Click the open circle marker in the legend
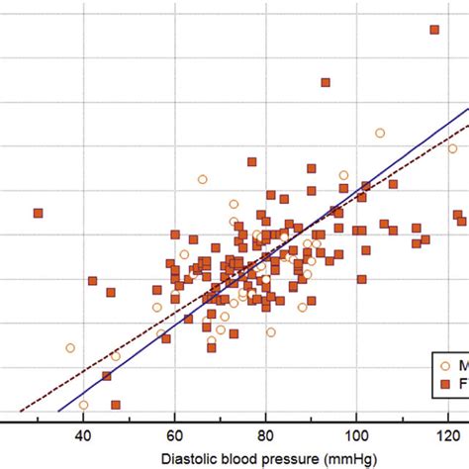click(x=443, y=363)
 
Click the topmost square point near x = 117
click(x=433, y=30)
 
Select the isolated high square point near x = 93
click(x=325, y=82)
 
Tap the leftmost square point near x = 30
click(x=38, y=213)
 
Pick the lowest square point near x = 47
click(x=116, y=405)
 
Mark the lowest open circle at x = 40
click(x=83, y=405)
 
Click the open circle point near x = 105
click(x=379, y=133)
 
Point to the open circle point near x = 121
click(x=452, y=148)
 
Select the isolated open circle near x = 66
click(x=202, y=179)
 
